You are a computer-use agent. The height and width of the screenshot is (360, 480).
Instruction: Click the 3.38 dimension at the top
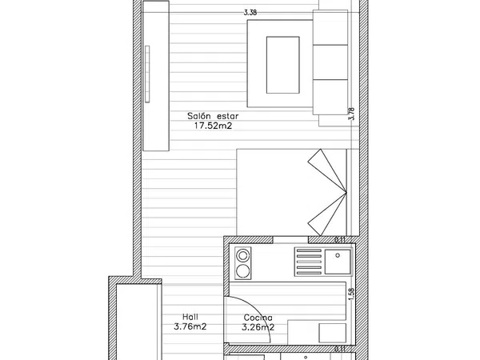250,13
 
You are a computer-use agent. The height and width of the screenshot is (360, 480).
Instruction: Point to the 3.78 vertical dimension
352,114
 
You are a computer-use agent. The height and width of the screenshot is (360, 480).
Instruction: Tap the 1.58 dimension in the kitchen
351,294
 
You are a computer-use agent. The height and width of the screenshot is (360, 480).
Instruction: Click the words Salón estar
213,116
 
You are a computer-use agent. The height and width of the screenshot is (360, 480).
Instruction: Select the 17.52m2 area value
214,126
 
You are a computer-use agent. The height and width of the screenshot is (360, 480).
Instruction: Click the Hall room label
190,317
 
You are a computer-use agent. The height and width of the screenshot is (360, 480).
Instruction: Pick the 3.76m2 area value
190,326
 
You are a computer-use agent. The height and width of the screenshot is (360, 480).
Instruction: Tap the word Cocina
258,318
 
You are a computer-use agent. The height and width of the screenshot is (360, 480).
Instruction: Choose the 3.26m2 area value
258,327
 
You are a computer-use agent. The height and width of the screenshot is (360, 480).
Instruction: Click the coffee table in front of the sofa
283,65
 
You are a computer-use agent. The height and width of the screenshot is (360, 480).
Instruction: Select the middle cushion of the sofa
330,62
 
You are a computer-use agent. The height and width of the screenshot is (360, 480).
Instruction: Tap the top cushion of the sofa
330,27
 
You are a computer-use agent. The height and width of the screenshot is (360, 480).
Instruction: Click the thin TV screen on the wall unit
147,74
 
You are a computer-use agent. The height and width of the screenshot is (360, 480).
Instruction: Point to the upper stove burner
243,255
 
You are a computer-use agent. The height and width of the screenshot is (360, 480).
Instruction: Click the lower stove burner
243,270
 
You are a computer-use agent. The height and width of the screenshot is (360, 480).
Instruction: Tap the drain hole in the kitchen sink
338,255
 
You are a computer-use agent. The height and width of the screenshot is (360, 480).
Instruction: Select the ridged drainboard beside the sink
309,262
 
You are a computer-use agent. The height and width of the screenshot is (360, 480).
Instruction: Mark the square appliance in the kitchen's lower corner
333,333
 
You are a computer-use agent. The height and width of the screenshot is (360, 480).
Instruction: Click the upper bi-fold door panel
327,170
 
